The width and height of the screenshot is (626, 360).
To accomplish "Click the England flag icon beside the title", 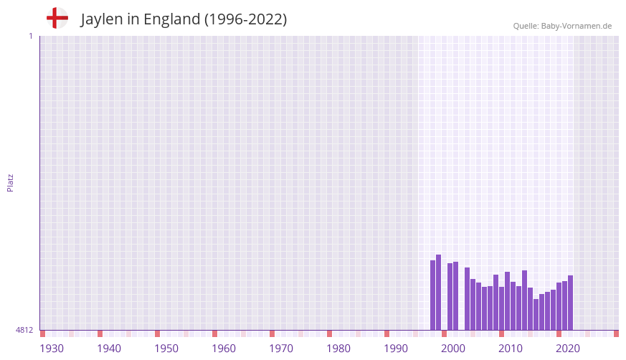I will click(x=57, y=19).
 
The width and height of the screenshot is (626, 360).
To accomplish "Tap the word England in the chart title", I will click(x=171, y=19).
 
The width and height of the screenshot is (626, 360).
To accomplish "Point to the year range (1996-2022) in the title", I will click(x=245, y=19).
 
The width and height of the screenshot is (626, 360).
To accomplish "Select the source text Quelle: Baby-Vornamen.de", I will click(x=562, y=26).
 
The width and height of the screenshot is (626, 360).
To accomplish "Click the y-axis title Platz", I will click(x=10, y=183).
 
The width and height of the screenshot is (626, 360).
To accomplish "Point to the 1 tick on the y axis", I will click(x=30, y=36).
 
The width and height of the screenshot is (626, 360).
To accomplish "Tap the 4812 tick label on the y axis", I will click(x=24, y=331).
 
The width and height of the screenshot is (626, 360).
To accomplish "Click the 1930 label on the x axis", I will click(x=52, y=349).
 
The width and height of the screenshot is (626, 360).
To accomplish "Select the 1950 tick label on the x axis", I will click(x=166, y=349).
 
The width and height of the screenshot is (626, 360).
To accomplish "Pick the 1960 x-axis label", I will click(x=224, y=349).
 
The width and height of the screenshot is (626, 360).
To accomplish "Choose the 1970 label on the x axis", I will click(x=281, y=349).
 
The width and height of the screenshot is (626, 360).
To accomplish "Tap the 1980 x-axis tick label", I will click(x=338, y=349).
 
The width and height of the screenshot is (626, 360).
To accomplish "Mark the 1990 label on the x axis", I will click(x=396, y=349).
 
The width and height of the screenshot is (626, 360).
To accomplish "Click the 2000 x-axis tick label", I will click(x=453, y=349).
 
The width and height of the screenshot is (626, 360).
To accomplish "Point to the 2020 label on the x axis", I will click(x=568, y=349).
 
